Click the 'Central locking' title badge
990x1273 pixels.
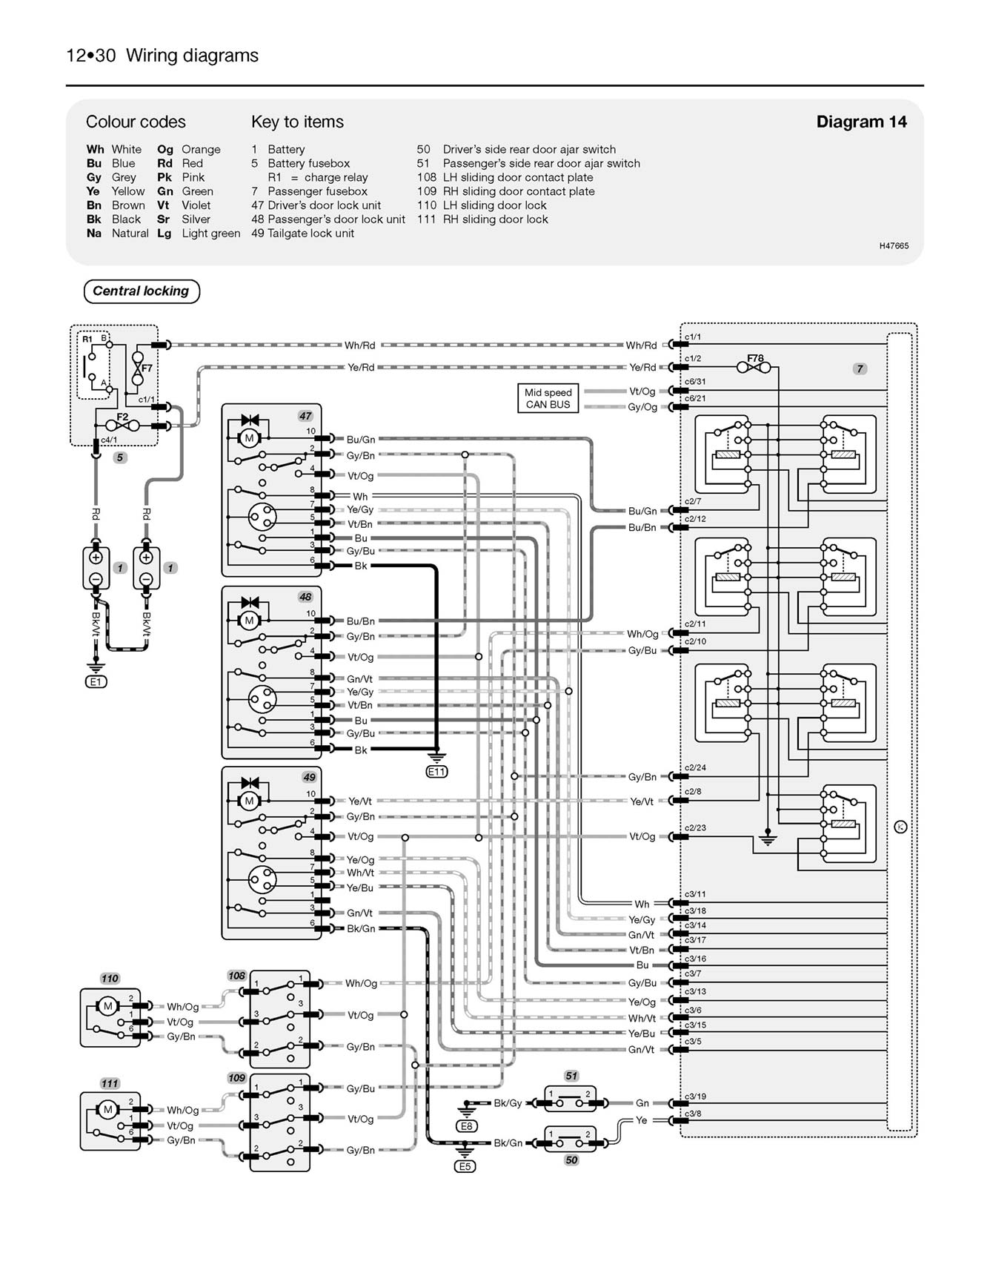click(x=141, y=291)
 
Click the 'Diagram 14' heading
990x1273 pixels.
click(x=861, y=122)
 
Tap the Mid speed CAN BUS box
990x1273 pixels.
click(x=548, y=399)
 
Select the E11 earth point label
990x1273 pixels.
click(x=436, y=772)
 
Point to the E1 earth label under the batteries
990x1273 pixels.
click(x=96, y=681)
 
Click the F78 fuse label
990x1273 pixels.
click(x=754, y=358)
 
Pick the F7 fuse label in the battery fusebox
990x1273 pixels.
click(x=147, y=368)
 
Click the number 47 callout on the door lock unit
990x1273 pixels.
click(x=305, y=416)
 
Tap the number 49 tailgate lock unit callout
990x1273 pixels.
click(x=309, y=777)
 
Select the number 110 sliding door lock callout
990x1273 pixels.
click(x=110, y=979)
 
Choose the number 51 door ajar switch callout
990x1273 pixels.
click(x=571, y=1076)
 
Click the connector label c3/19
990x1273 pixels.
click(x=695, y=1096)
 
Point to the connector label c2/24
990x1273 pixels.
click(x=695, y=767)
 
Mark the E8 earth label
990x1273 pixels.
click(x=466, y=1126)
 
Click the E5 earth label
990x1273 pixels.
click(x=465, y=1166)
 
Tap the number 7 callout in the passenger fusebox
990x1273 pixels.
click(x=860, y=368)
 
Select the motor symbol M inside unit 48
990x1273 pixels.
click(x=249, y=620)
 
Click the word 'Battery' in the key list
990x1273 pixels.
click(x=286, y=149)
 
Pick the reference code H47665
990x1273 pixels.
click(x=894, y=245)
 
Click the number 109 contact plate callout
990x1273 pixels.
click(x=236, y=1078)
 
